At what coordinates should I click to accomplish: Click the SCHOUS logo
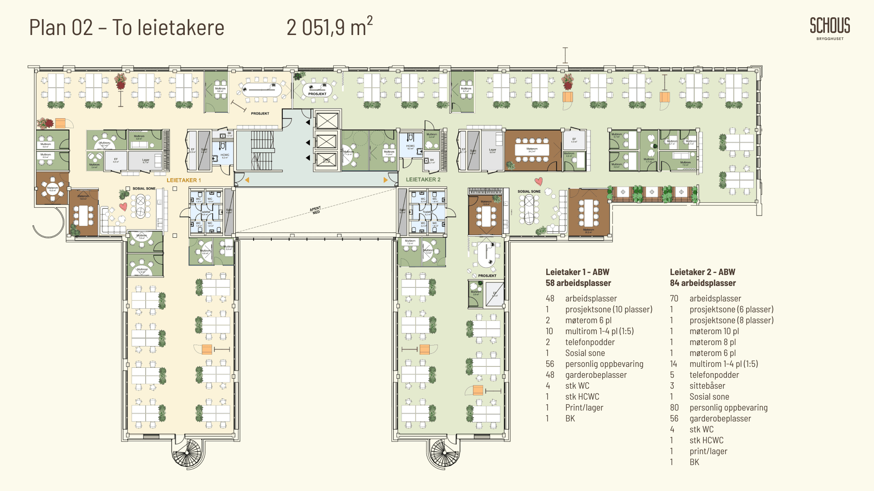[x=830, y=26]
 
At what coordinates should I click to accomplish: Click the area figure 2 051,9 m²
[x=329, y=27]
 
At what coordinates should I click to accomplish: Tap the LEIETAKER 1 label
[x=183, y=180]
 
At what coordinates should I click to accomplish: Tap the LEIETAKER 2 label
[x=423, y=180]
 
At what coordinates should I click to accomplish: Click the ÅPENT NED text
[x=315, y=210]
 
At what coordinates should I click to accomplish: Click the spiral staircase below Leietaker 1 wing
[x=187, y=452]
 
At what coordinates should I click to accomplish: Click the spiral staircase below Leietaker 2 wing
[x=445, y=452]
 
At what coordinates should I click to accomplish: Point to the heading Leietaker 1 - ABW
[x=577, y=272]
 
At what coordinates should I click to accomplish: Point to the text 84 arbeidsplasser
[x=702, y=283]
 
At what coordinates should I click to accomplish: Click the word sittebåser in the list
[x=707, y=386]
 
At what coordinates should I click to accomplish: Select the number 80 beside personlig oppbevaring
[x=674, y=407]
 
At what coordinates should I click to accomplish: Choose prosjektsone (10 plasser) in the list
[x=609, y=309]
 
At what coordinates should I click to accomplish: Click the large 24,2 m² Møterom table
[x=532, y=150]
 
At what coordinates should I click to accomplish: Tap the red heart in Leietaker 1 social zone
[x=123, y=206]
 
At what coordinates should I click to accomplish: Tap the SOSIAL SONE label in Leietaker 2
[x=529, y=191]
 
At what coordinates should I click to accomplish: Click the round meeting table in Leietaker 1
[x=53, y=188]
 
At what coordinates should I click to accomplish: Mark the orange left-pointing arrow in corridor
[x=247, y=180]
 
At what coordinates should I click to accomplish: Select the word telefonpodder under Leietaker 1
[x=589, y=342]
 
